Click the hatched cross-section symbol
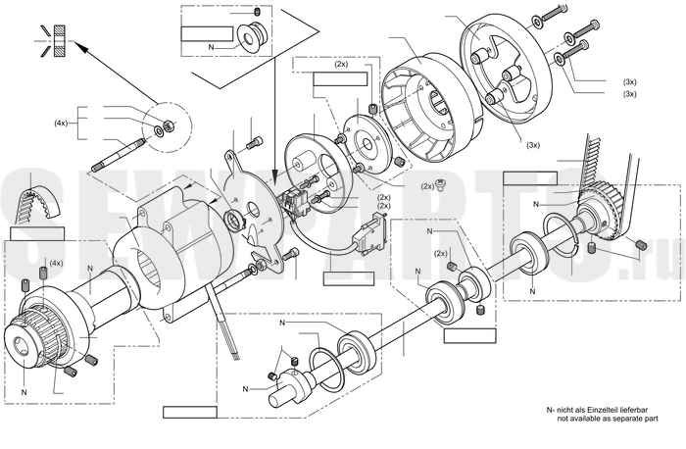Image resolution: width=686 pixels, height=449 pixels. click(x=59, y=41)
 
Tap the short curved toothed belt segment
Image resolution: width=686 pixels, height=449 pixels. click(x=37, y=203)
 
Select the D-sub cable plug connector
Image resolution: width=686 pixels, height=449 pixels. click(x=367, y=235)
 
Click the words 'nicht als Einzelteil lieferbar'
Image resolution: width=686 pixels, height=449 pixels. click(x=601, y=410)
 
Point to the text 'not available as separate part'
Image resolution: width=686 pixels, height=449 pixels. click(x=608, y=419)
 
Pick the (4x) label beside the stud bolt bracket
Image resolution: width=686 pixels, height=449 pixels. click(x=61, y=123)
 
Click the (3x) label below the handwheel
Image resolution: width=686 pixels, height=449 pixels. click(x=533, y=145)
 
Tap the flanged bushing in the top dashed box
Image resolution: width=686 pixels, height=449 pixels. click(x=253, y=35)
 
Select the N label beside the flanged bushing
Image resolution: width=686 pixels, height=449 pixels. click(x=211, y=47)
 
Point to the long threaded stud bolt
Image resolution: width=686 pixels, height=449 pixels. click(x=119, y=155)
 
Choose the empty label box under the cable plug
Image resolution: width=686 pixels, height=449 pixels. click(x=349, y=278)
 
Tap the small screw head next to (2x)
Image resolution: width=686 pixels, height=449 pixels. click(x=441, y=185)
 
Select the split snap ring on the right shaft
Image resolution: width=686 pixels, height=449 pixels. click(x=562, y=234)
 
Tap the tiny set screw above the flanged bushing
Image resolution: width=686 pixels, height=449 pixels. click(x=258, y=11)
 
